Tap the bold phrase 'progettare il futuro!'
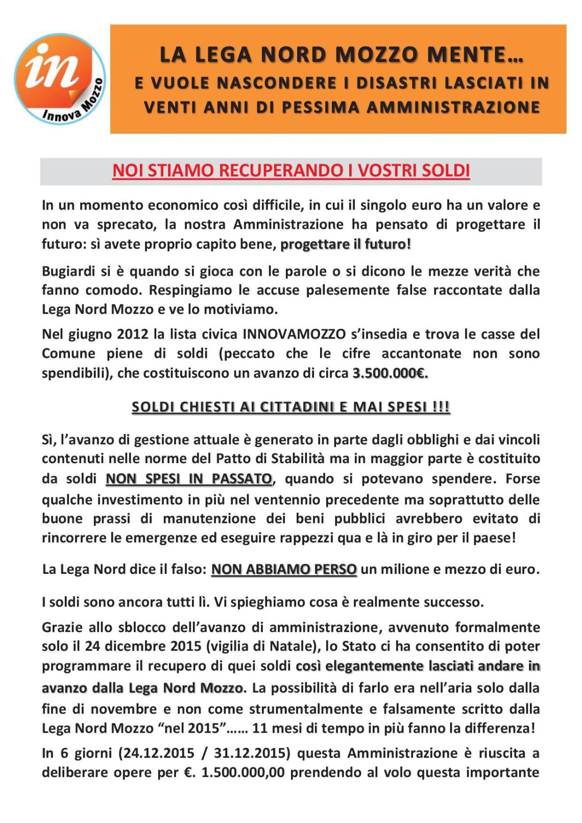coord(346,244)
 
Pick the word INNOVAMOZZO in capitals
coord(294,334)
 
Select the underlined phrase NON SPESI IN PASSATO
coord(189,479)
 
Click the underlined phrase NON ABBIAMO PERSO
coord(284,569)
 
